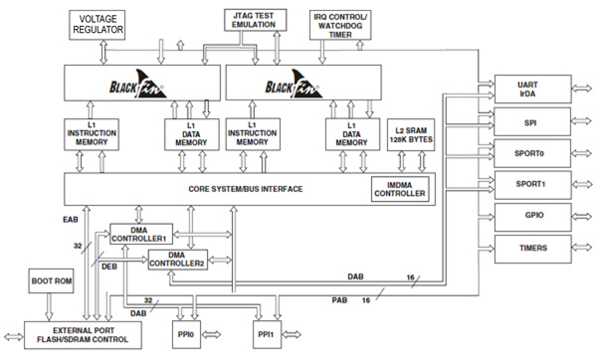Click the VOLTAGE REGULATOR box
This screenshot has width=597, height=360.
pyautogui.click(x=97, y=24)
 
